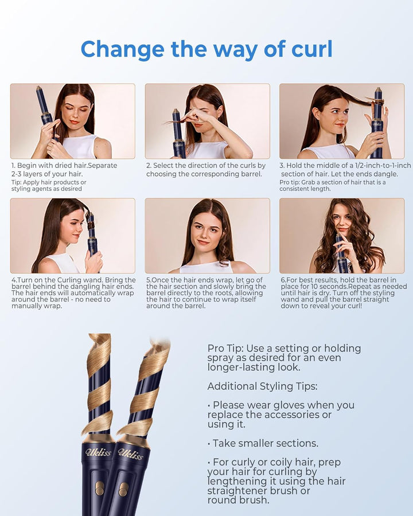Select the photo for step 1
coord(72,121)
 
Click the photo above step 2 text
coord(207,121)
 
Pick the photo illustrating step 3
coord(342,121)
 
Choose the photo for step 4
coord(72,236)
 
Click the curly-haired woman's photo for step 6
coord(342,236)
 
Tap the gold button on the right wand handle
coord(123,489)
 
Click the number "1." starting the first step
coord(13,166)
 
